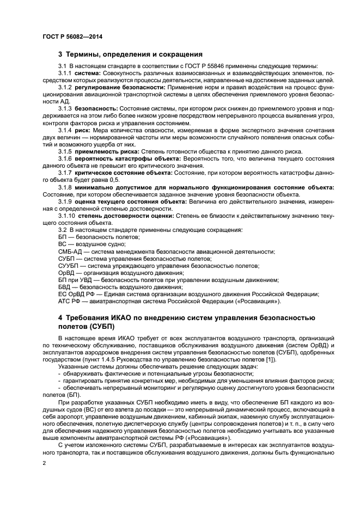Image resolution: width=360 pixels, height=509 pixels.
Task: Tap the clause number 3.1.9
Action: coord(65,201)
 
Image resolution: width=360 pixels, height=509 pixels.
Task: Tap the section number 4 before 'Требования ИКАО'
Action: coord(61,317)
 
